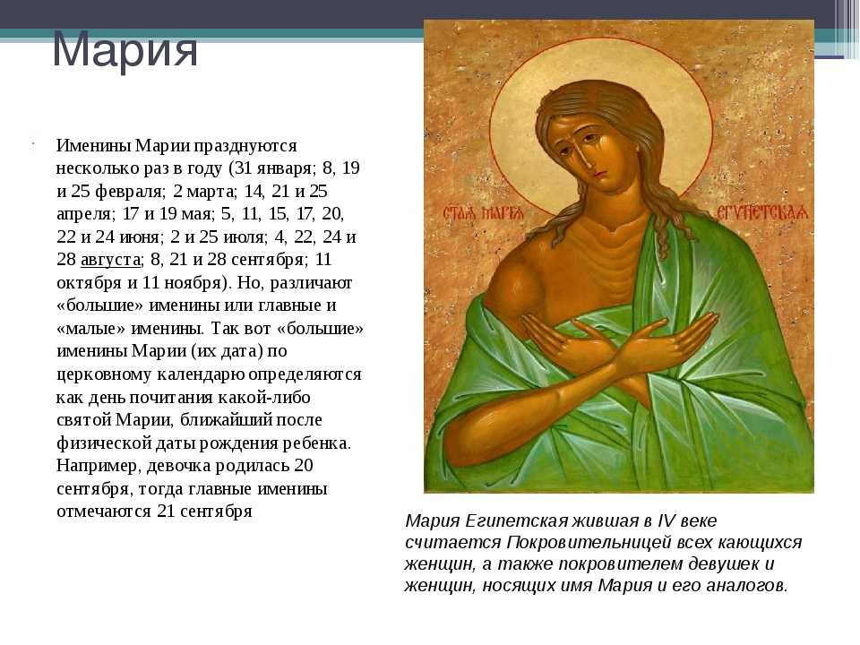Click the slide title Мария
pos(125,50)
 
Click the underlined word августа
pos(110,260)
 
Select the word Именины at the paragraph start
pos(93,146)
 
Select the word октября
pos(90,283)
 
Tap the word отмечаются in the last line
pos(104,512)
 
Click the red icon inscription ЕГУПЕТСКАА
pos(761,213)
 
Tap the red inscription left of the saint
pos(484,212)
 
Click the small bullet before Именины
pos(33,144)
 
